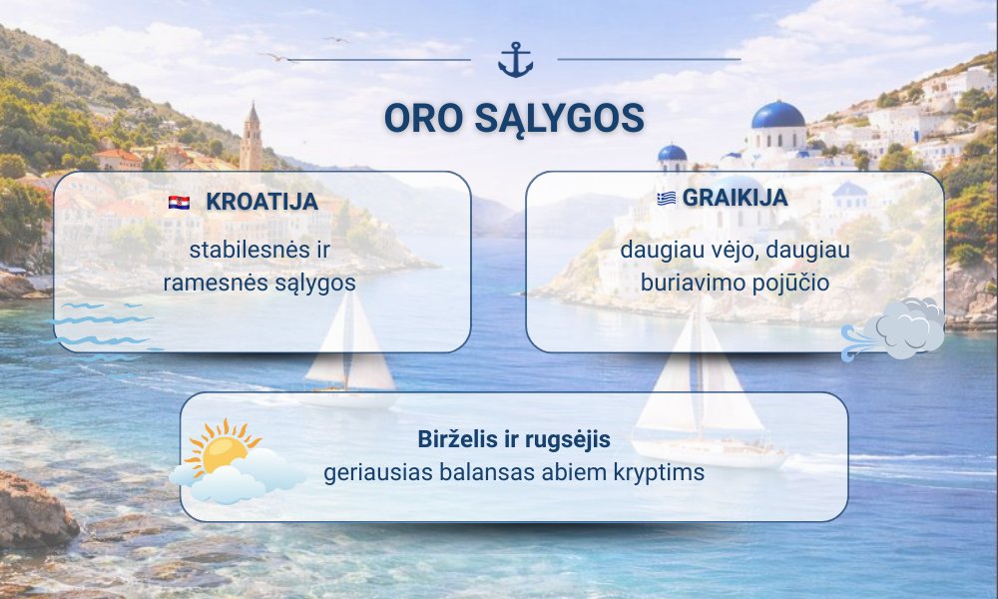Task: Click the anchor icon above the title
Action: coord(515,60)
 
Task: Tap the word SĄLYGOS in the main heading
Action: coord(560,119)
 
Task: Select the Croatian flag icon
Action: coord(179,203)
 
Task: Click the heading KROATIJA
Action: coord(261,202)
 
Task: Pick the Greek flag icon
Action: coord(667,199)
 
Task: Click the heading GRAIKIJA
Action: coord(736,198)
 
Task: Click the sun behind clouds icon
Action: coord(237,461)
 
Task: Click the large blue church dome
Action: coord(777,115)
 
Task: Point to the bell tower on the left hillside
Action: coord(250,138)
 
